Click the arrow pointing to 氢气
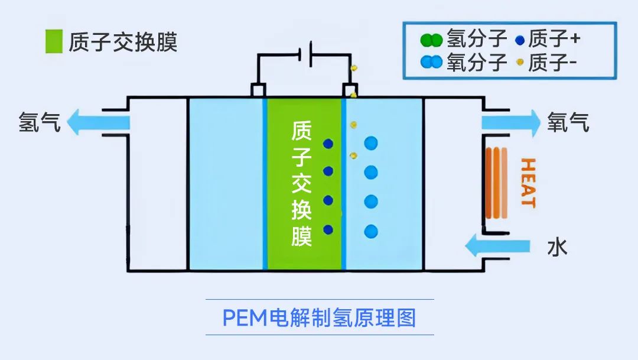click(98, 122)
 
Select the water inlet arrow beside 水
click(497, 246)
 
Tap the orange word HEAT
click(528, 183)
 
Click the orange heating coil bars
click(496, 183)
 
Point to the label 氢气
click(40, 122)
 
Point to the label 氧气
click(568, 122)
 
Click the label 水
click(558, 247)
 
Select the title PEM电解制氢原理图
click(320, 317)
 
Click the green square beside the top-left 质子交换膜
click(54, 41)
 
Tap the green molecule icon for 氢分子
click(431, 40)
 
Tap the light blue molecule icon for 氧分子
click(431, 62)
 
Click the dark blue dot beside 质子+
click(520, 40)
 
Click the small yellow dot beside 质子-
click(520, 62)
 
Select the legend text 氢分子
click(477, 39)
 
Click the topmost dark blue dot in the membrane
click(328, 143)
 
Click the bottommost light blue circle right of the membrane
click(371, 231)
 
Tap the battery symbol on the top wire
click(305, 54)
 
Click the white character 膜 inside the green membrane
click(301, 236)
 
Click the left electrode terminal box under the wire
click(258, 90)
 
